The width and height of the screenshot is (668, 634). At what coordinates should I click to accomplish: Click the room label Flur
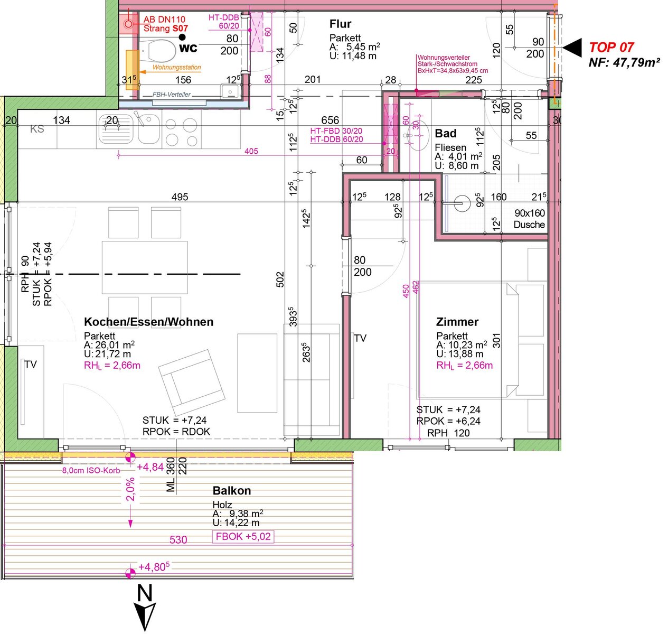point(340,24)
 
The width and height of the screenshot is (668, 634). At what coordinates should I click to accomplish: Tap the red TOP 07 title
point(611,47)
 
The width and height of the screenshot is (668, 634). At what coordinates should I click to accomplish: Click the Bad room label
point(446,134)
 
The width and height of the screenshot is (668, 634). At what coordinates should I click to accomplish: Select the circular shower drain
point(462,203)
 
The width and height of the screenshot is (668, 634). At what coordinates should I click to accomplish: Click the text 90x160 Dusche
point(529,219)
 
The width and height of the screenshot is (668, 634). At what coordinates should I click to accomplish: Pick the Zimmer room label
point(457,322)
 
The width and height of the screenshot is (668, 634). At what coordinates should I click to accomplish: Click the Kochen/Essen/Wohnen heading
point(149,322)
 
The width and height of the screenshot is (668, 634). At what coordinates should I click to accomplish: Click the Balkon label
point(232,490)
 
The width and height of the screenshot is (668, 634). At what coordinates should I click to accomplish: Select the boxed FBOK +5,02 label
point(243,536)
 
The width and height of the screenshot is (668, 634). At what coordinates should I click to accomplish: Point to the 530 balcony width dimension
point(178,539)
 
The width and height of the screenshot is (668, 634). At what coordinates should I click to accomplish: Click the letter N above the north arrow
point(144,593)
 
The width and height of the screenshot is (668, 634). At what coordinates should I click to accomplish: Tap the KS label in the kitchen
point(37,129)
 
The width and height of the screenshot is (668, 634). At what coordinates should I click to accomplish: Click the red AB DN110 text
point(164,20)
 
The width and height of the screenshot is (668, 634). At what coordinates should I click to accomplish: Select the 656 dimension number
point(330,120)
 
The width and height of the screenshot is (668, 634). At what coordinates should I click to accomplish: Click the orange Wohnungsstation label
point(177,67)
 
